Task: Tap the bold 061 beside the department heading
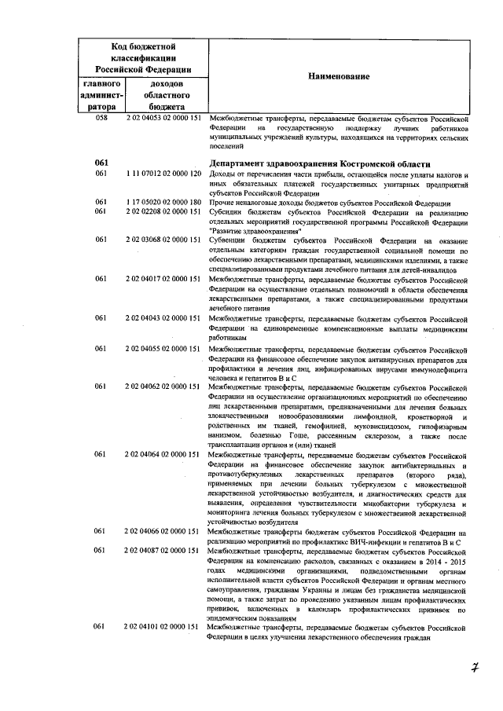(x=101, y=163)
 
